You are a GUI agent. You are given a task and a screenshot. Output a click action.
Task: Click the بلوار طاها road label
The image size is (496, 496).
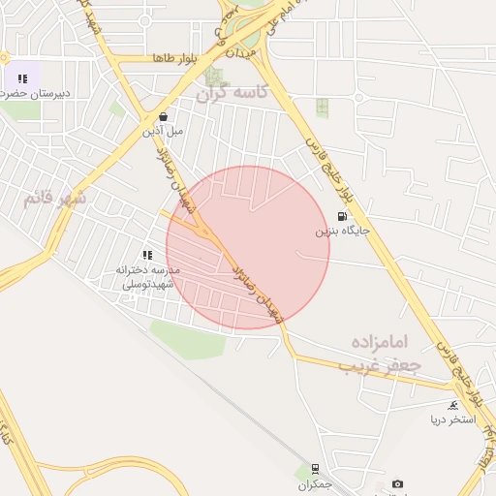pos(174,59)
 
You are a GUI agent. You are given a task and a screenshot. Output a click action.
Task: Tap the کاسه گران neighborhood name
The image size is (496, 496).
pos(231,94)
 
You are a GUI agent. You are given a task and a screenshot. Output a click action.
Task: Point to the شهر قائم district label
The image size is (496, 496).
pos(54,199)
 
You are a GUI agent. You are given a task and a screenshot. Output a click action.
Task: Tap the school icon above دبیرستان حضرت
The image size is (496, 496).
pos(21,78)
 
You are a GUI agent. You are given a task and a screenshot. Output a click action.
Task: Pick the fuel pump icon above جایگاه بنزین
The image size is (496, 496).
pos(341,217)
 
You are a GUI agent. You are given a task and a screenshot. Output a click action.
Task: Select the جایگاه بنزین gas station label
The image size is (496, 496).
pos(342,232)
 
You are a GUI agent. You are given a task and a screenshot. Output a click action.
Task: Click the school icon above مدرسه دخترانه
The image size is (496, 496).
pos(147,254)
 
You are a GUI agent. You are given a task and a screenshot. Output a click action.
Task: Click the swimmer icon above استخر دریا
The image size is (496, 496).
pos(453,405)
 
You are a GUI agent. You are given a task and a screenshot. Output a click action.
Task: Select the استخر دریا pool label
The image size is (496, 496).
pos(453,419)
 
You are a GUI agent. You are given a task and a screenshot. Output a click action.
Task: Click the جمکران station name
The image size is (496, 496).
pos(315,483)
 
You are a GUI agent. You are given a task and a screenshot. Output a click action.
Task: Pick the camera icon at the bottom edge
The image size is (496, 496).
pos(397,483)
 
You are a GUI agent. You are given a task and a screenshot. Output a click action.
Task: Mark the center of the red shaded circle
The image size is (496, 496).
pos(248,247)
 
